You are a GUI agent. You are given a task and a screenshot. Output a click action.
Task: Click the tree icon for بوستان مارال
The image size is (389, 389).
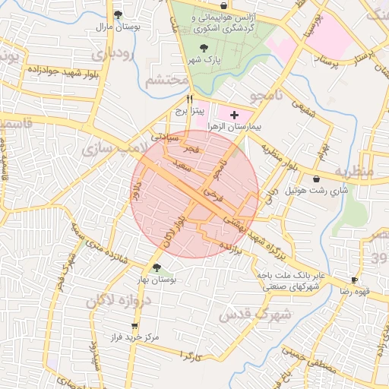pos(116,14)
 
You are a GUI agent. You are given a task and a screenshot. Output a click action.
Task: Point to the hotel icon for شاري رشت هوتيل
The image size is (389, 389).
pos(316,179)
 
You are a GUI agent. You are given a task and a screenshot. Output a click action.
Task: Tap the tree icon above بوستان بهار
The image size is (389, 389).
pos(157,267)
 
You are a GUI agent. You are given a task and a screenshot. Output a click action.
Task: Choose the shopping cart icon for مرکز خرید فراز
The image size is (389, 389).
pos(134,325)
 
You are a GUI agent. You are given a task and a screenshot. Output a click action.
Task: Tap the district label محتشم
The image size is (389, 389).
pos(166,79)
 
